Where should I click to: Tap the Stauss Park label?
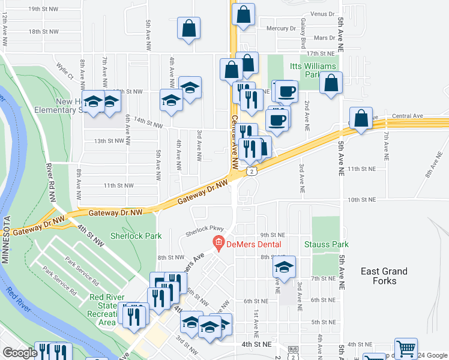click(326, 245)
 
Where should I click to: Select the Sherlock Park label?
click(136, 236)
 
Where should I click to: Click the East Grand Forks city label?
click(384, 276)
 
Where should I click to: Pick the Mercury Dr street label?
click(281, 28)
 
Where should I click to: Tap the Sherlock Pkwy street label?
click(204, 229)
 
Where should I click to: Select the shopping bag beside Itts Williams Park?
click(331, 83)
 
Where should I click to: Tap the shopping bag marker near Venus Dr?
click(244, 14)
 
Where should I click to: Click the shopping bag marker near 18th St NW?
click(189, 28)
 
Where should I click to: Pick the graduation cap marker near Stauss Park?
click(285, 265)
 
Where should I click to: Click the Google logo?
click(19, 353)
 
